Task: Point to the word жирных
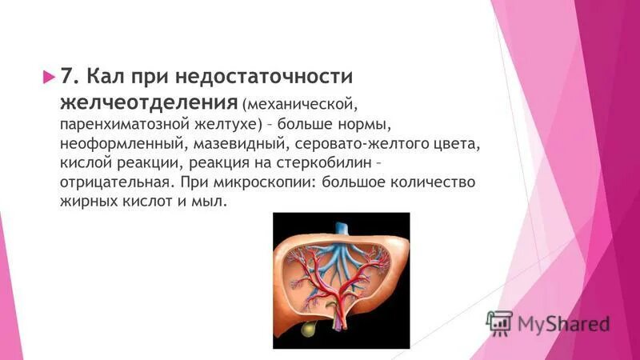pos(87,203)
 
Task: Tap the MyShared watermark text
pos(564,323)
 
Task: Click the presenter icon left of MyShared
pos(500,322)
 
